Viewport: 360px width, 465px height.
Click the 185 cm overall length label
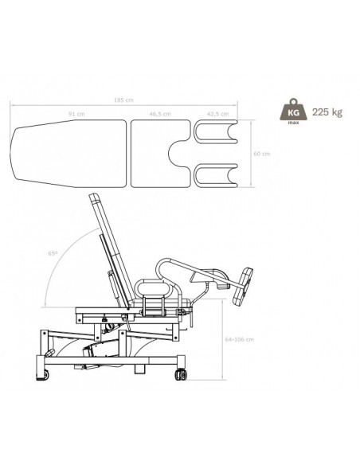tap(123, 100)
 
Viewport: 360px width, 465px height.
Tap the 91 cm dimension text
tap(76, 114)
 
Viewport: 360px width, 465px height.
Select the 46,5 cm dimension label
tap(160, 114)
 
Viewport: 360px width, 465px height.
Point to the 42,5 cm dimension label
tap(217, 114)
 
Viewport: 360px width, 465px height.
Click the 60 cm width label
tap(262, 154)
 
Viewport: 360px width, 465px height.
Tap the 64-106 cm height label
tap(240, 339)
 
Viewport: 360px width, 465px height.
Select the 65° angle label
tap(53, 253)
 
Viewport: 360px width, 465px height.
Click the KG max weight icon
tap(293, 111)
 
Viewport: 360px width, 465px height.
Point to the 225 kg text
tap(327, 112)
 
